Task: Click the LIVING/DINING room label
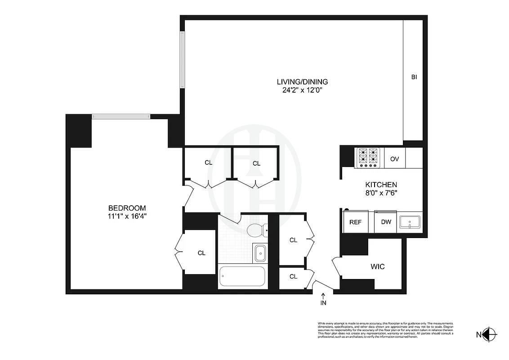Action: [x=302, y=82]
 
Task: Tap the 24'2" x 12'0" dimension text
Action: [x=302, y=90]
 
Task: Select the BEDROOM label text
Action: [x=127, y=208]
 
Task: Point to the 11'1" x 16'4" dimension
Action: [x=127, y=216]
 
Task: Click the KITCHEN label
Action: [x=380, y=184]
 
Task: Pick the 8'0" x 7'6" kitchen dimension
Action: [x=380, y=193]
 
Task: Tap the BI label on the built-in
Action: [x=414, y=77]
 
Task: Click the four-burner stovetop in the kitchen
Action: [x=368, y=158]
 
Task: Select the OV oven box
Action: [x=395, y=159]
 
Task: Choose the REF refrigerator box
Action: [x=355, y=222]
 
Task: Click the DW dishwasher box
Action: [x=385, y=222]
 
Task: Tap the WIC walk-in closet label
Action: [x=378, y=266]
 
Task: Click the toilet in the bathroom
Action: [x=257, y=230]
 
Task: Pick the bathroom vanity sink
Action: [x=260, y=253]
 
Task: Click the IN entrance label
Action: [x=323, y=303]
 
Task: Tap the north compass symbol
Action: [x=491, y=334]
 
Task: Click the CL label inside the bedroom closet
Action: [x=201, y=253]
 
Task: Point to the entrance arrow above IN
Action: [x=323, y=295]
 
